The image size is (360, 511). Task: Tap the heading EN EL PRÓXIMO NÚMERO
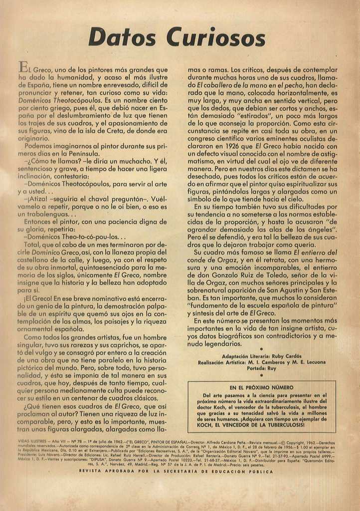pyautogui.click(x=261, y=387)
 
